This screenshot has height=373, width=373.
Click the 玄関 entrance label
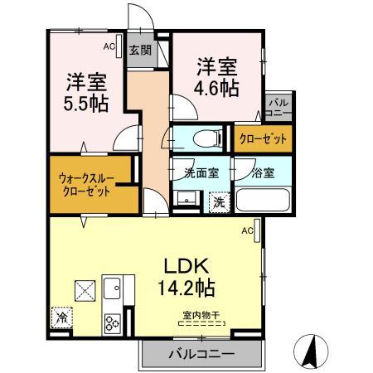139,51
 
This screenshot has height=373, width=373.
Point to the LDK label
195,267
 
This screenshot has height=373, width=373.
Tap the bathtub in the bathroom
262,201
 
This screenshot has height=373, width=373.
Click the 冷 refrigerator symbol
61,316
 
